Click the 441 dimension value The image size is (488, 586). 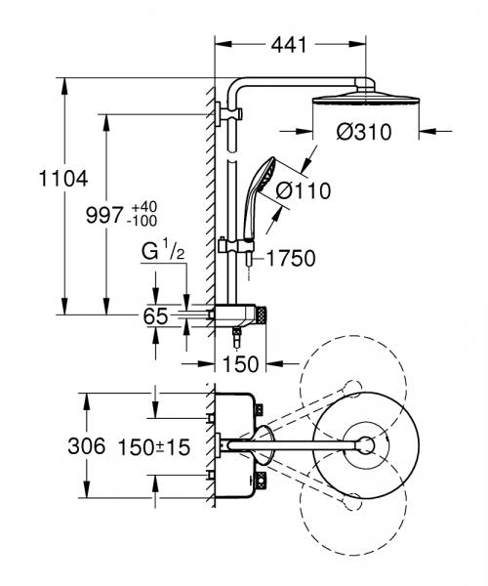click(x=289, y=45)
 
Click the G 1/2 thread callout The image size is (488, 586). click(x=162, y=254)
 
